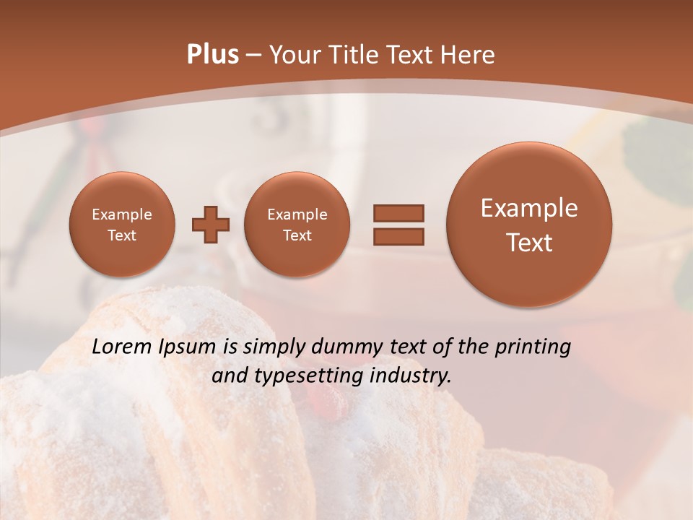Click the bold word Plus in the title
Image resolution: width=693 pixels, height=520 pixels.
point(212,55)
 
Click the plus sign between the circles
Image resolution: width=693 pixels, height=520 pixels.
point(211,225)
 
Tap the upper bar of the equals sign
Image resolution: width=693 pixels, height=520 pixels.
point(398,213)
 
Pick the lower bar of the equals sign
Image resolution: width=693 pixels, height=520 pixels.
point(398,235)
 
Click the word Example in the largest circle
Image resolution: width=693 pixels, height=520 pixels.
point(529,208)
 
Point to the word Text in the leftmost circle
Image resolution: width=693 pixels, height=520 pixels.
point(121,235)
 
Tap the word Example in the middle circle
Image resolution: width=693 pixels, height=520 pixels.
point(297,214)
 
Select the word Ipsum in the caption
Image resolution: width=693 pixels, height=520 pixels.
point(187,347)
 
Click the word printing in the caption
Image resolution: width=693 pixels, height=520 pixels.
point(533,347)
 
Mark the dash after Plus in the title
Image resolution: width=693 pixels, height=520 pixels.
point(253,56)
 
